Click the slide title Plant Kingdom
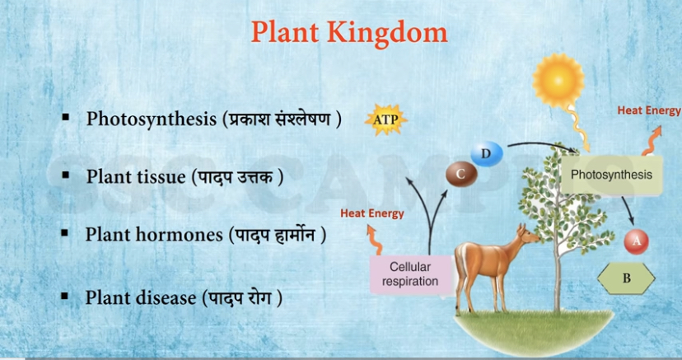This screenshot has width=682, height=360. click(349, 33)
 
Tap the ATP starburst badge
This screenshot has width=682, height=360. click(385, 119)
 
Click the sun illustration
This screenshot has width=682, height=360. click(558, 81)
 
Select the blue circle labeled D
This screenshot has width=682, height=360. click(487, 153)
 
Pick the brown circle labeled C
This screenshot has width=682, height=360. click(461, 174)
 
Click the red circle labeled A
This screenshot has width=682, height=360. click(637, 241)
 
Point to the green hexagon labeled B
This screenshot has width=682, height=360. click(626, 278)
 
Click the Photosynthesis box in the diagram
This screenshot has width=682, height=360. click(611, 175)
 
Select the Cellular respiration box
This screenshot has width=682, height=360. click(410, 274)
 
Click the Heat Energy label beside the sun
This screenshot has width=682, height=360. click(648, 110)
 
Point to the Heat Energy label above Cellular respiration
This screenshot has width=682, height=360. click(372, 213)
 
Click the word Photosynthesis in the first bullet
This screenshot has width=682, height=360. click(151, 119)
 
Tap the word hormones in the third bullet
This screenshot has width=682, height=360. click(180, 234)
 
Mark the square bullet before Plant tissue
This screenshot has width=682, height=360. click(66, 175)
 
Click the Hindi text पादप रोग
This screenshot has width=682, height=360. click(241, 298)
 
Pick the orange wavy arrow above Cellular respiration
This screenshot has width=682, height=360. click(373, 240)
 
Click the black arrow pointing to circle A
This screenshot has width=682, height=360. click(628, 210)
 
